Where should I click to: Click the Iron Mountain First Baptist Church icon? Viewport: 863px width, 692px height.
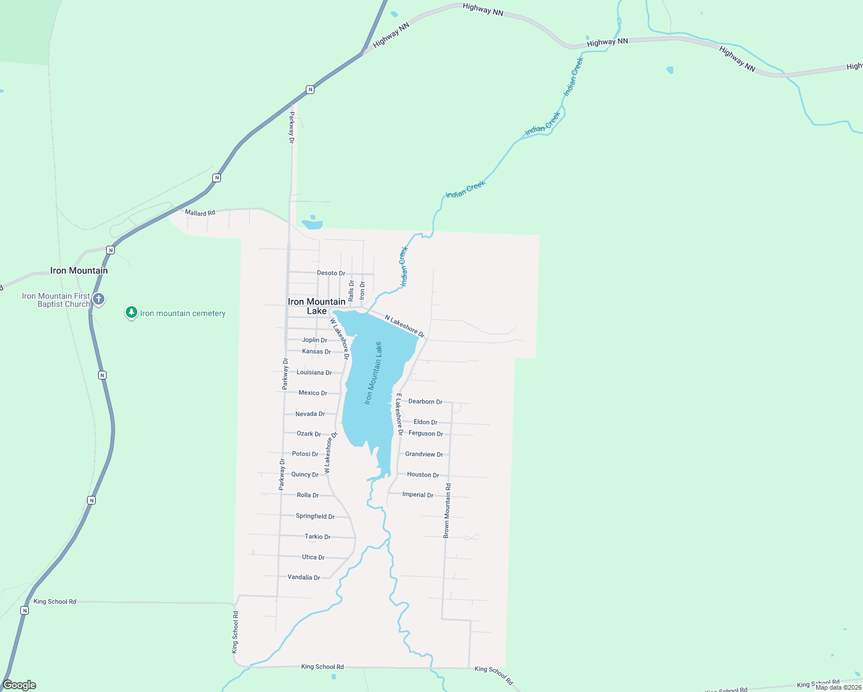(99, 299)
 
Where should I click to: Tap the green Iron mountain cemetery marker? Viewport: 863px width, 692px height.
(132, 313)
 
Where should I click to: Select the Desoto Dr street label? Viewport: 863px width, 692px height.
(331, 273)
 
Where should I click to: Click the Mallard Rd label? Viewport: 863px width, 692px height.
(200, 213)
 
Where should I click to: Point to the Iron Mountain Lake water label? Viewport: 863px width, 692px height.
(373, 373)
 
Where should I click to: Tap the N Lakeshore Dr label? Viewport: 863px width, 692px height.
(404, 326)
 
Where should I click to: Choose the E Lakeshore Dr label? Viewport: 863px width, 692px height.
(399, 414)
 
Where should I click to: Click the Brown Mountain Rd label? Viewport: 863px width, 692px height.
(447, 511)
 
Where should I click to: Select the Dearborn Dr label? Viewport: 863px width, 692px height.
(425, 401)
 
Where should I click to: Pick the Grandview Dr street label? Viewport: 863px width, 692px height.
(424, 454)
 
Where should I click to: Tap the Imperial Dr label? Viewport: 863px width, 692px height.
(418, 495)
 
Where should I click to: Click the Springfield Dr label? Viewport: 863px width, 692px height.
(315, 516)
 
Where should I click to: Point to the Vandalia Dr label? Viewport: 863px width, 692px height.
(303, 577)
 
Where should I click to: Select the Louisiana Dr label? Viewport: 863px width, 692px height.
(314, 373)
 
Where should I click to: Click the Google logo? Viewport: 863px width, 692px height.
(20, 685)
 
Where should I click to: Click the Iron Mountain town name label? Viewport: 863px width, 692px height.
(79, 270)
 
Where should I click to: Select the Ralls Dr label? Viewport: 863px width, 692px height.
(351, 290)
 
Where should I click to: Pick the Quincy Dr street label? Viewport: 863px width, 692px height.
(305, 475)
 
